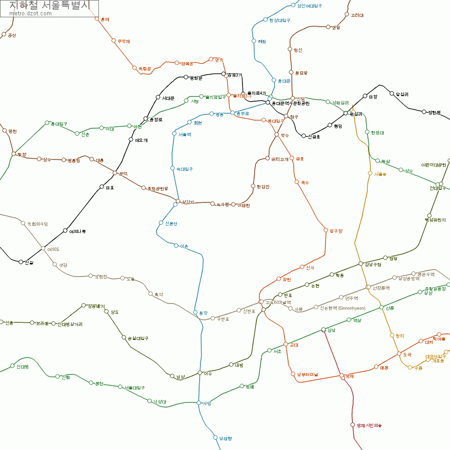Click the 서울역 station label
tap(185, 134)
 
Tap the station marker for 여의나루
tap(65, 231)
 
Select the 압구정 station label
tap(336, 231)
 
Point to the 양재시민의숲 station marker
tap(353, 425)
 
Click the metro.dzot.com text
tap(30, 14)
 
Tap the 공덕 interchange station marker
tap(115, 173)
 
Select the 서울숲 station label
tap(380, 174)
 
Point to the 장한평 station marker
tap(424, 112)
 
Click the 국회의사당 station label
tap(37, 224)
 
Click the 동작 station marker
tap(195, 312)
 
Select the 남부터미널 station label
tap(307, 374)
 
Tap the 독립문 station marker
tap(134, 69)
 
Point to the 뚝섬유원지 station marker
tap(429, 215)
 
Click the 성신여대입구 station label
tap(310, 6)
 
